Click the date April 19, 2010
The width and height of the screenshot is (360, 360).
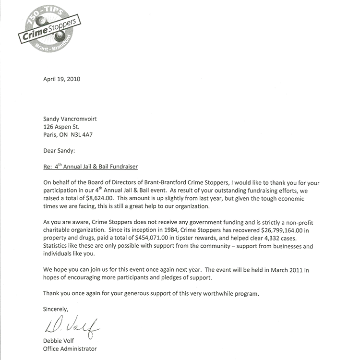coord(61,79)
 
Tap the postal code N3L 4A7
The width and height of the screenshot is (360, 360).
coord(82,135)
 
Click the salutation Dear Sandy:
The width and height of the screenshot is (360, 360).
coord(59,150)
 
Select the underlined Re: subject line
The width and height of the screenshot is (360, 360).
coord(90,167)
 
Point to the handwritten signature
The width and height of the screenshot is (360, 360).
coord(72,328)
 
